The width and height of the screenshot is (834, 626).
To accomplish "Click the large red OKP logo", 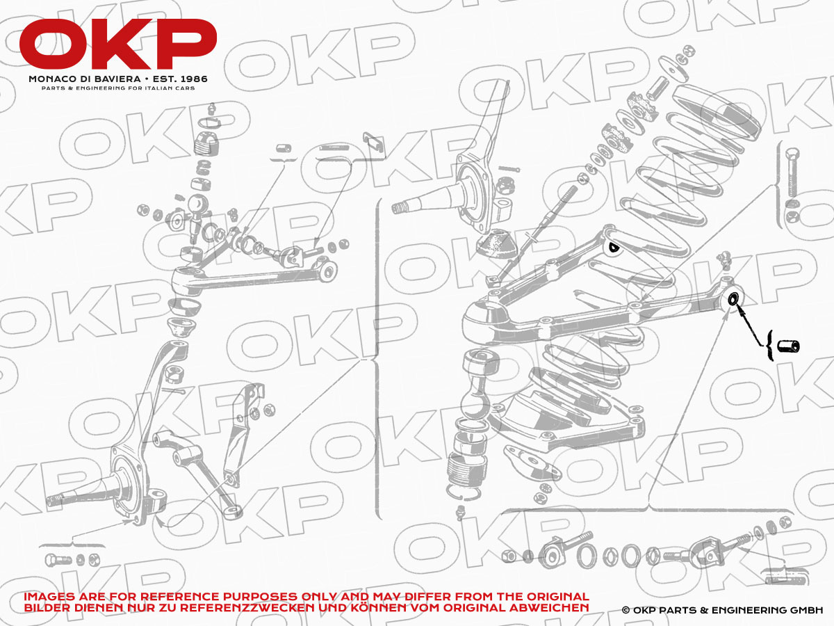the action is [117, 44].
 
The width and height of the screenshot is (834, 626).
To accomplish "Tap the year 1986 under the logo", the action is [193, 79].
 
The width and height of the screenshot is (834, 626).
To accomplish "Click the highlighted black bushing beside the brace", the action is [788, 346].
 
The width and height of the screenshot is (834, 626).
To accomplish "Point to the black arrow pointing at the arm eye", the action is [750, 326].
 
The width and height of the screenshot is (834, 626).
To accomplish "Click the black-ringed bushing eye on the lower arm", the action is [733, 299].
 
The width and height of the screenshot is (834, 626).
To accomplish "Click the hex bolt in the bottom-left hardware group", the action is [58, 560].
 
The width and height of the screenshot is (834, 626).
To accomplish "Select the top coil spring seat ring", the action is [717, 113].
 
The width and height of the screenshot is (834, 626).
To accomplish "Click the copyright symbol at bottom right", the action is [625, 611].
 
